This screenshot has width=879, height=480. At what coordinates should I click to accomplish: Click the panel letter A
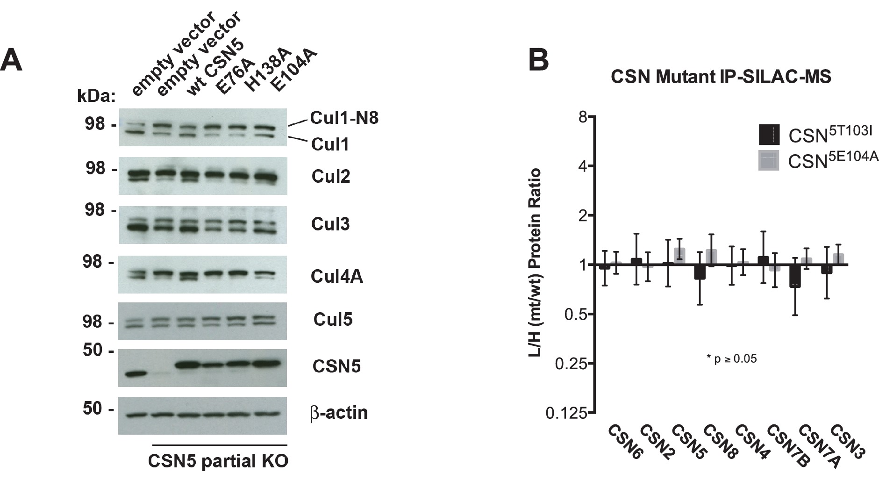click(x=12, y=61)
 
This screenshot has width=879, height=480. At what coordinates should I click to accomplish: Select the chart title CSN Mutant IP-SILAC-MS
click(x=721, y=77)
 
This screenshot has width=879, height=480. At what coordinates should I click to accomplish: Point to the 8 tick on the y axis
click(x=583, y=116)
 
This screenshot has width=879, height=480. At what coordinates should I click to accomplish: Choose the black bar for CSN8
click(x=700, y=272)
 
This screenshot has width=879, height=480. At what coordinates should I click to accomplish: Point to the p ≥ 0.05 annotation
click(x=731, y=359)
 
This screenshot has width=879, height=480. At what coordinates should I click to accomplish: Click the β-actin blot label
click(x=339, y=413)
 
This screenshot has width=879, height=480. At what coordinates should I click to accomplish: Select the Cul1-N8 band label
click(x=344, y=118)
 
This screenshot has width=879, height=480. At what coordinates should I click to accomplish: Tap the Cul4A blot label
click(x=337, y=277)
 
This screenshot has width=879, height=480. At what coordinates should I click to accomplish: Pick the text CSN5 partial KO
click(x=218, y=461)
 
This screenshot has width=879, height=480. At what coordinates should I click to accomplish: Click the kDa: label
click(x=96, y=97)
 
